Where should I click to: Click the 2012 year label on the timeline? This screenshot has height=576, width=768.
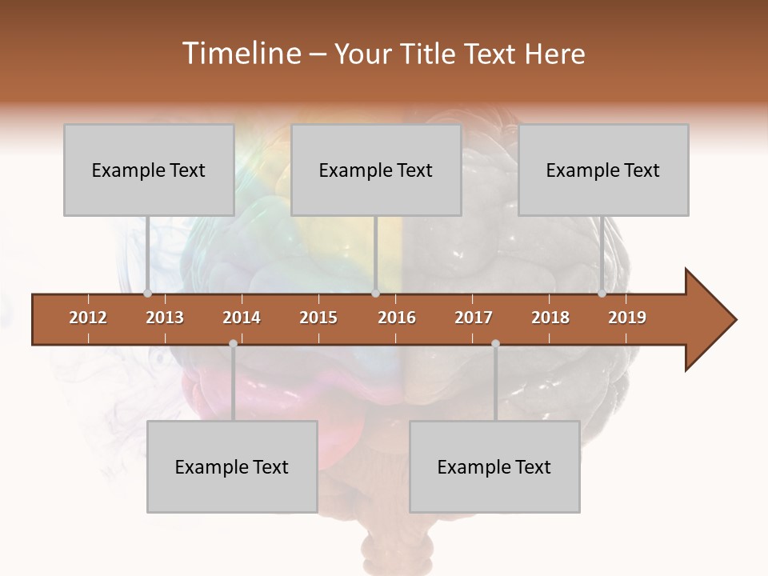(88, 318)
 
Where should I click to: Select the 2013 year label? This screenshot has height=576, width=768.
(165, 318)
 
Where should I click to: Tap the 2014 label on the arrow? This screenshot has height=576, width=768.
(242, 318)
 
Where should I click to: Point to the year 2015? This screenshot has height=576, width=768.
(318, 318)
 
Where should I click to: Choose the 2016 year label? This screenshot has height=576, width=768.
(397, 318)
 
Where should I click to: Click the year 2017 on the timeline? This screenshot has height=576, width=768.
(474, 318)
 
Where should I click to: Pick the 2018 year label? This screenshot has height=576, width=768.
(550, 318)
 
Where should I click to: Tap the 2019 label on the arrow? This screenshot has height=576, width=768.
(627, 318)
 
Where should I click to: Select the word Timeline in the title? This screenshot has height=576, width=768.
(240, 54)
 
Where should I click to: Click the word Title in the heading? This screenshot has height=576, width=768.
(432, 54)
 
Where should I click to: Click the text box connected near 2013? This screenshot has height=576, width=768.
(149, 170)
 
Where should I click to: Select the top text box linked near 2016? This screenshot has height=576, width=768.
(376, 170)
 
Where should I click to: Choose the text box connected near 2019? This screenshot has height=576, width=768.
(603, 170)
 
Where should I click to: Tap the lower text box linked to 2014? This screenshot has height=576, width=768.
(232, 466)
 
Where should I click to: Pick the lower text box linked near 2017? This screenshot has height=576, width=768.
(494, 466)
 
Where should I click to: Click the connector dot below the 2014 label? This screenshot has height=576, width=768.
(233, 343)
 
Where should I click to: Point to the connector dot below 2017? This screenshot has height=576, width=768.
(495, 343)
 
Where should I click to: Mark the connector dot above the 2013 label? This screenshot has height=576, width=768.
(147, 293)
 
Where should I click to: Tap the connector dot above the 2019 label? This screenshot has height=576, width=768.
(602, 293)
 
